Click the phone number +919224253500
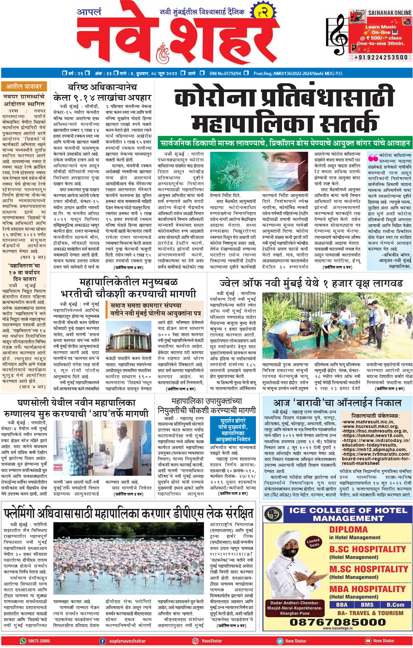tap(381, 57)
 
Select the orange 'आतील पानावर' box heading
tap(24, 87)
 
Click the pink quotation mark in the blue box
tap(373, 158)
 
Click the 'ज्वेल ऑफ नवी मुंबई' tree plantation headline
tap(311, 283)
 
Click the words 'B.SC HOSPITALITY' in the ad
tap(368, 549)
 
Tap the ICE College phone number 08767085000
tap(338, 622)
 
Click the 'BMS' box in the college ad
tap(367, 605)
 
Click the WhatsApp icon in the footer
tap(23, 641)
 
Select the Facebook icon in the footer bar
tap(103, 641)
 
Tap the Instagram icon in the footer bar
tap(195, 641)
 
